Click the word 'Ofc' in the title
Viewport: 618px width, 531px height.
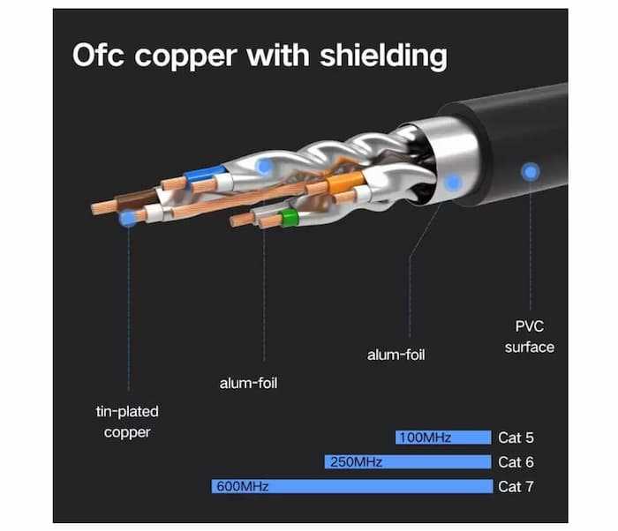coord(102,56)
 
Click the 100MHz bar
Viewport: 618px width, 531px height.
coord(442,438)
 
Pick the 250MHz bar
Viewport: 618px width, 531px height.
coord(407,461)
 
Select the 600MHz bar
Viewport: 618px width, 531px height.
coord(350,486)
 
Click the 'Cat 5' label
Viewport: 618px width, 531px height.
coord(516,438)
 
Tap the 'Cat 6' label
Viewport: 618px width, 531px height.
coord(516,461)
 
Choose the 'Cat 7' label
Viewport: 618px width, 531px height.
coord(516,486)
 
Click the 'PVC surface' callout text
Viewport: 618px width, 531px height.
coord(530,336)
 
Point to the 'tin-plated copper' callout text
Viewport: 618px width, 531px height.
coord(128,422)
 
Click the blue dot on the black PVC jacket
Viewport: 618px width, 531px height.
coord(530,172)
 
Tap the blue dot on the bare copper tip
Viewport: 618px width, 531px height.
coord(129,217)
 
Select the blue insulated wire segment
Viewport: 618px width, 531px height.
coord(206,175)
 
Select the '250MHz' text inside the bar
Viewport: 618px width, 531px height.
coord(354,461)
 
